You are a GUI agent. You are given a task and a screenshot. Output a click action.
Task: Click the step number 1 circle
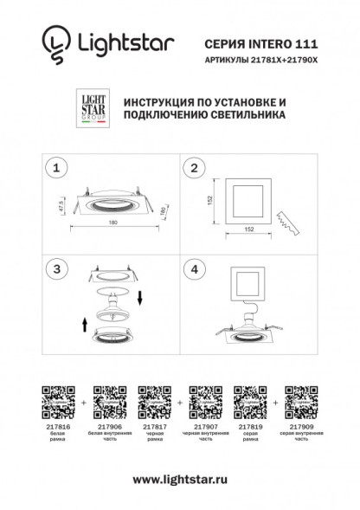pyautogui.click(x=57, y=168)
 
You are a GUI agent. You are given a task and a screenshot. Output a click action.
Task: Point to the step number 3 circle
pyautogui.click(x=57, y=269)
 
